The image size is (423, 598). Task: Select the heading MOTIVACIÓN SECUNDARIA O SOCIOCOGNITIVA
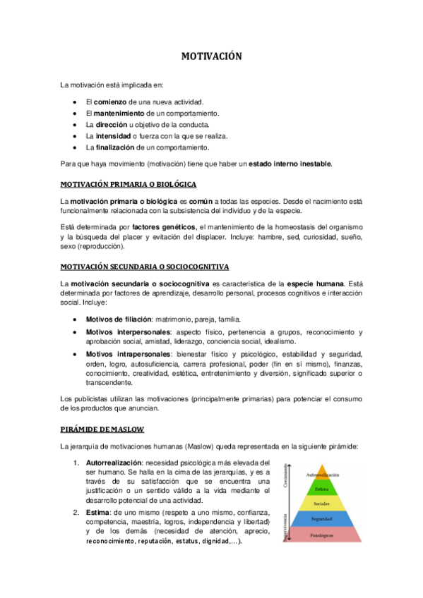click(x=144, y=267)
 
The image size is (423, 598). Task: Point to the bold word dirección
click(x=111, y=125)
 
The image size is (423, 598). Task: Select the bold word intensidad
click(x=112, y=136)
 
